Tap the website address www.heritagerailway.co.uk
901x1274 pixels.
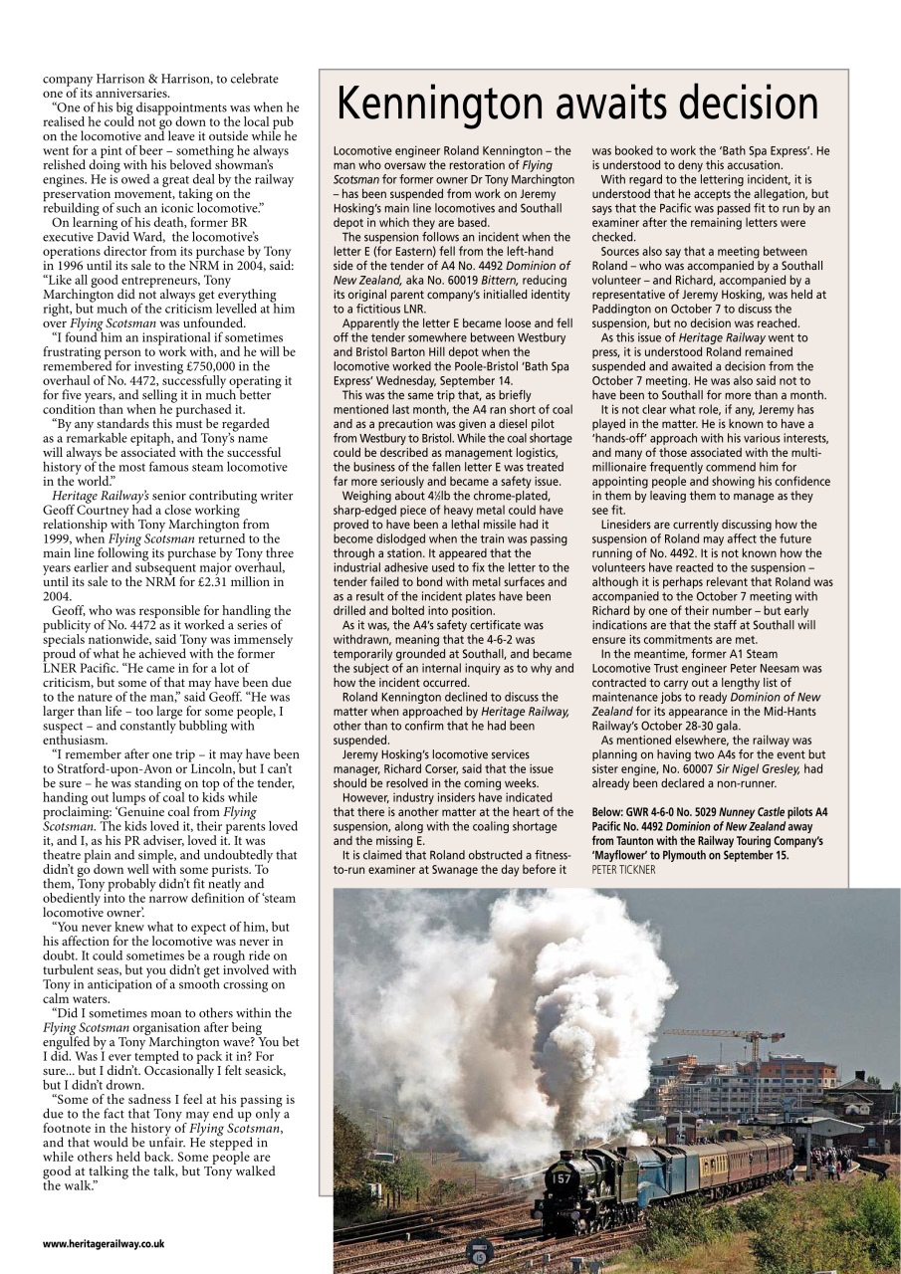[104, 1243]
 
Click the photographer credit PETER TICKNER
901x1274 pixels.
[624, 869]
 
